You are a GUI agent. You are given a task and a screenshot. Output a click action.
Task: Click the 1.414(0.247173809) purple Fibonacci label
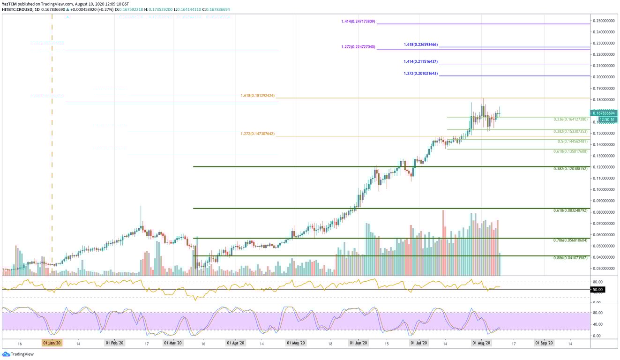pyautogui.click(x=358, y=22)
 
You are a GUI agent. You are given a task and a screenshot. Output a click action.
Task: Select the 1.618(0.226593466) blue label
pyautogui.click(x=420, y=45)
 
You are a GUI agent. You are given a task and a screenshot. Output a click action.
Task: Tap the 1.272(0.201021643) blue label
pyautogui.click(x=420, y=74)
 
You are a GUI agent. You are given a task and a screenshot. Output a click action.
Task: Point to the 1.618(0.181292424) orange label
pyautogui.click(x=257, y=96)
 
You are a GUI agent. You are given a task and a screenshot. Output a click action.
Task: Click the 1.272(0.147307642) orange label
pyautogui.click(x=257, y=134)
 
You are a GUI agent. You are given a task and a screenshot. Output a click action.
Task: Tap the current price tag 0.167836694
pyautogui.click(x=605, y=113)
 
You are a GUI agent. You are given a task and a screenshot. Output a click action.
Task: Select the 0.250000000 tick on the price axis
pyautogui.click(x=605, y=21)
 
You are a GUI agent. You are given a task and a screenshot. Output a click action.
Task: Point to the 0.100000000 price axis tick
pyautogui.click(x=605, y=190)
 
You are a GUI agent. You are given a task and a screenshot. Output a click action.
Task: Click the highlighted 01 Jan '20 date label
pyautogui.click(x=52, y=343)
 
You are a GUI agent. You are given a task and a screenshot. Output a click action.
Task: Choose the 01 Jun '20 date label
pyautogui.click(x=358, y=343)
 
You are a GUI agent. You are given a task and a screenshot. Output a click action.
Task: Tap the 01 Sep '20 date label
pyautogui.click(x=544, y=343)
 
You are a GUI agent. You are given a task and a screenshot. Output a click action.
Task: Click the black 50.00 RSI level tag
pyautogui.click(x=598, y=290)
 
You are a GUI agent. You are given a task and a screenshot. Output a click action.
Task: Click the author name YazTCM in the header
pyautogui.click(x=9, y=3)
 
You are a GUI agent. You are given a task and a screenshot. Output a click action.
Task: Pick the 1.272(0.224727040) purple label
pyautogui.click(x=358, y=47)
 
